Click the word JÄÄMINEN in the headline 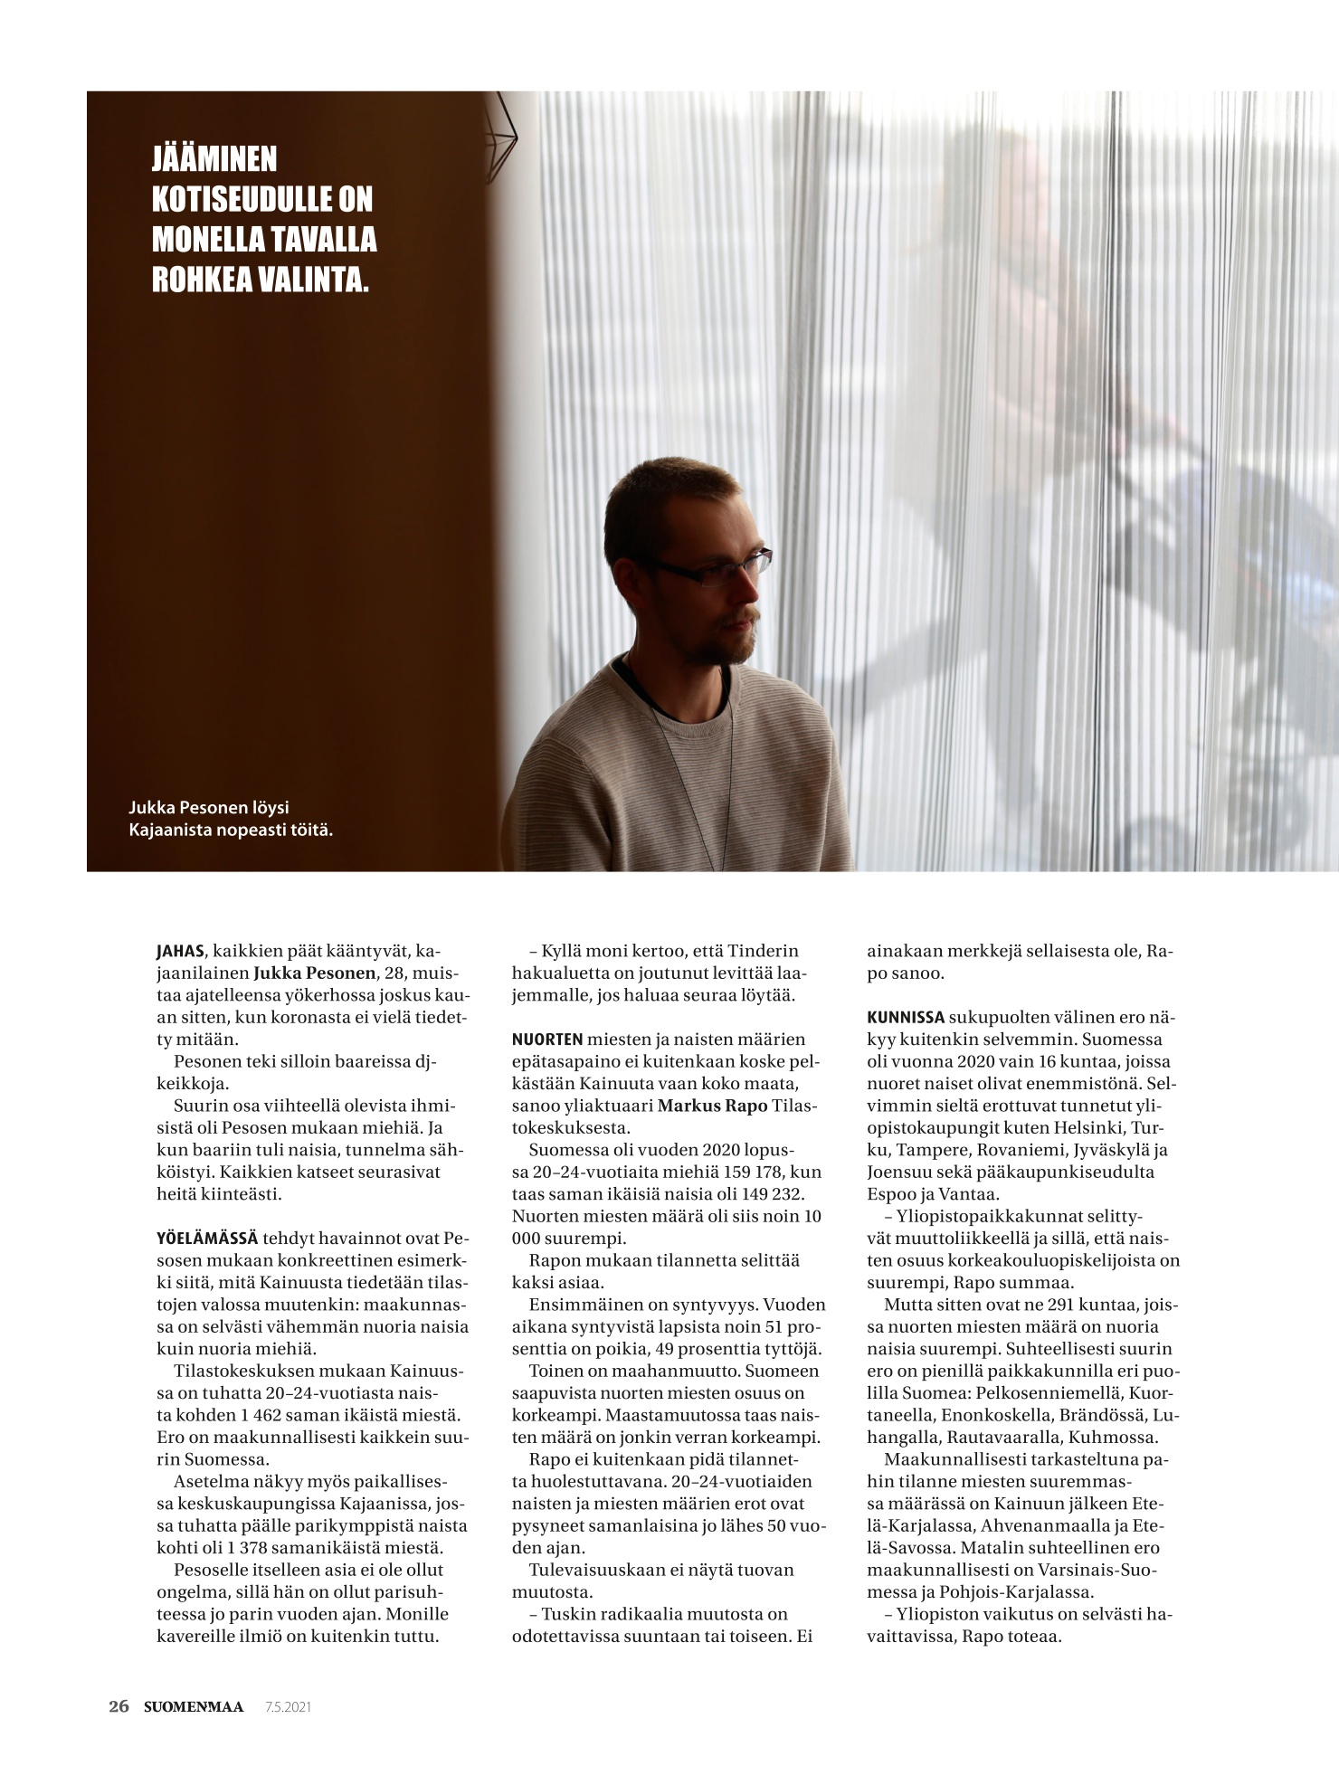click(x=214, y=159)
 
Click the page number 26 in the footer click(x=119, y=1706)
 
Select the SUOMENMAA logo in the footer click(x=194, y=1706)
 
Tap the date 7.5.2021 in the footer click(x=288, y=1707)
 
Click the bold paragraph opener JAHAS click(x=180, y=952)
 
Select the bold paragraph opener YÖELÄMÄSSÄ click(x=206, y=1239)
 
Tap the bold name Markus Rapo click(x=712, y=1106)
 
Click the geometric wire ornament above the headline click(x=501, y=136)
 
